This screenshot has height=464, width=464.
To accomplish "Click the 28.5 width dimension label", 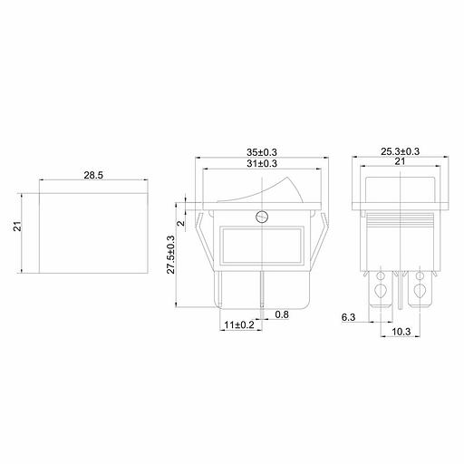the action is pos(93,175).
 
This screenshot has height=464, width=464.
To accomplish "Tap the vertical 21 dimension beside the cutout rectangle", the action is pos(18,227).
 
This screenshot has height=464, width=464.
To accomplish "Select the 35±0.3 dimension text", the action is pos(262,152).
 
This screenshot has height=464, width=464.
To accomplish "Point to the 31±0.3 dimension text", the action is pos(262,163).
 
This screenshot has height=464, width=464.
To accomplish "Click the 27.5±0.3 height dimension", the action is pos(171,255).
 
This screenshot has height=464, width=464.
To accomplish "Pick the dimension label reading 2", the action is pos(180,223).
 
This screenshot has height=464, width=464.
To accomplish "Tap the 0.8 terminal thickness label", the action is pos(282,314).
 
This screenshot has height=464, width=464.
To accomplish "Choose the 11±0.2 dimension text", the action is pos(239,325).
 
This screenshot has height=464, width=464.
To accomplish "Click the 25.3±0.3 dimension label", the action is pos(400,151).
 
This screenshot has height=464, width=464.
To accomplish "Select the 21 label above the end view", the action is pos(400,161).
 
